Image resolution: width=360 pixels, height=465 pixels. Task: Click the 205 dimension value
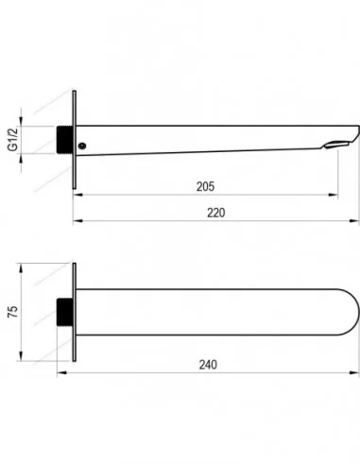205,186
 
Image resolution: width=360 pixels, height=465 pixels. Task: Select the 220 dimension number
216,213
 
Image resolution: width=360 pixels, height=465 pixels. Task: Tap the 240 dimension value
208,365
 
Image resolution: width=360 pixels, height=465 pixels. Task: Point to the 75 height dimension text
13,311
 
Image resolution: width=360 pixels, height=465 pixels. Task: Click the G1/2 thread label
13,140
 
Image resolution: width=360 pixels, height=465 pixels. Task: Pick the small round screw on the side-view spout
82,146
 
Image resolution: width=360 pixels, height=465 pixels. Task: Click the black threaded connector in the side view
65,140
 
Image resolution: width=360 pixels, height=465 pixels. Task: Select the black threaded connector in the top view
65,312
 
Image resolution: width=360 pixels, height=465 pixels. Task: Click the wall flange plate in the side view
75,140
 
